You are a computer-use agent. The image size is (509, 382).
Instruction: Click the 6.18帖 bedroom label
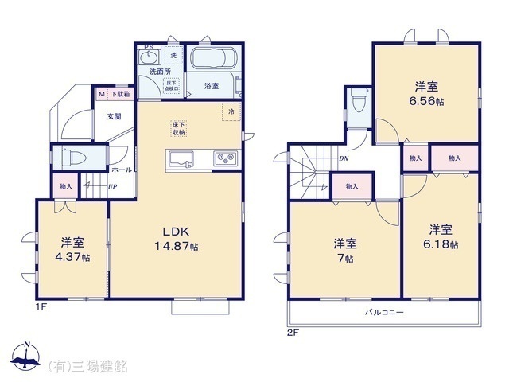click(442, 240)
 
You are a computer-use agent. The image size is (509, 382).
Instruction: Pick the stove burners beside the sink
click(225, 158)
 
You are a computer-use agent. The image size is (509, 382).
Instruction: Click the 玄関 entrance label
click(115, 116)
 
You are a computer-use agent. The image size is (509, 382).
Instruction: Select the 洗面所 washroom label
click(161, 72)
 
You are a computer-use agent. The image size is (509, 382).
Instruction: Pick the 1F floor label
click(40, 305)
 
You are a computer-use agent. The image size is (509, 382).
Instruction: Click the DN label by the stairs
click(344, 158)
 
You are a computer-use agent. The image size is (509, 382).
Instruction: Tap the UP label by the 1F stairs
click(112, 188)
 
